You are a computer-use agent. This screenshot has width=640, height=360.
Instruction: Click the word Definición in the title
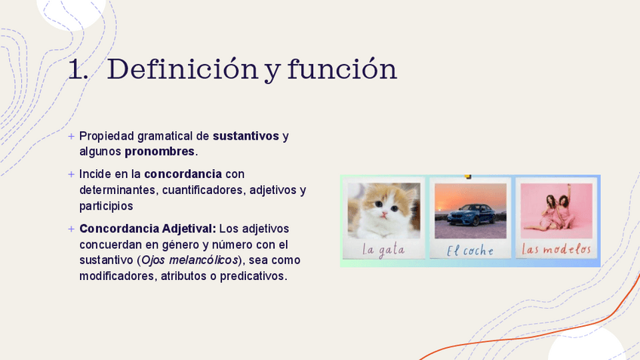(183, 69)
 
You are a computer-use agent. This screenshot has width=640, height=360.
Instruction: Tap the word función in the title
(342, 69)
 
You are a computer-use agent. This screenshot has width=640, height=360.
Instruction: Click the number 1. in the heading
(78, 69)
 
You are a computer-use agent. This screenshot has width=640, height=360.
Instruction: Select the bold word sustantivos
(246, 136)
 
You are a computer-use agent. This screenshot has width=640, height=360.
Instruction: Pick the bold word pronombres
(159, 152)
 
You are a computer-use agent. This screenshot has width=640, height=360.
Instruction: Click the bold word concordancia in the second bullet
(183, 174)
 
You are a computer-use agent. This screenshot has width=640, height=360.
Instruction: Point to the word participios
(106, 206)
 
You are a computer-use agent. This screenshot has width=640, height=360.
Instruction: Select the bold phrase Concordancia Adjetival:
(148, 229)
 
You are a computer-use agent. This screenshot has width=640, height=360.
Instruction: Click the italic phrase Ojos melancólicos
(189, 260)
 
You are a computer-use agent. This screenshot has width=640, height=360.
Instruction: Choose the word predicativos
(253, 276)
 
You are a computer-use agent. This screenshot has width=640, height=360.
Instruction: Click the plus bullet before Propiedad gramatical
(72, 137)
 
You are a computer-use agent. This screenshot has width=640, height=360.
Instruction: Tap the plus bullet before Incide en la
(72, 174)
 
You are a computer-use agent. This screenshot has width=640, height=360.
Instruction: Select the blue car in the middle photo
(471, 215)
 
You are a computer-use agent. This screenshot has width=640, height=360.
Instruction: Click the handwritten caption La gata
(383, 250)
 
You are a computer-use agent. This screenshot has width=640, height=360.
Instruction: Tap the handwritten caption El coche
(469, 251)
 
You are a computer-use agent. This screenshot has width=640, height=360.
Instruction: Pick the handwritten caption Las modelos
(556, 249)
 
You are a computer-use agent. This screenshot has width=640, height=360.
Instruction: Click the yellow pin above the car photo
(468, 177)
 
